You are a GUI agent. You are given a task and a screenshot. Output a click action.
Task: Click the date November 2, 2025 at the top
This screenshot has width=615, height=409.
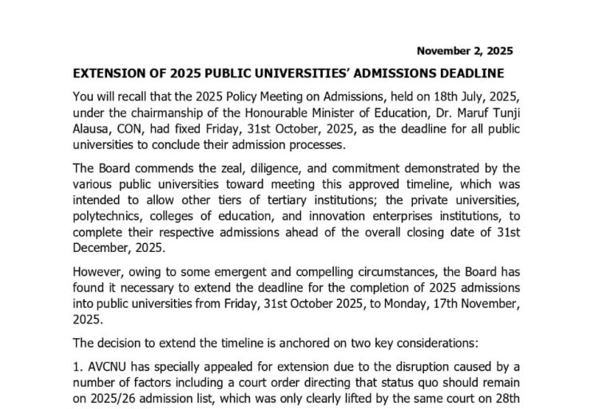466,50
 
